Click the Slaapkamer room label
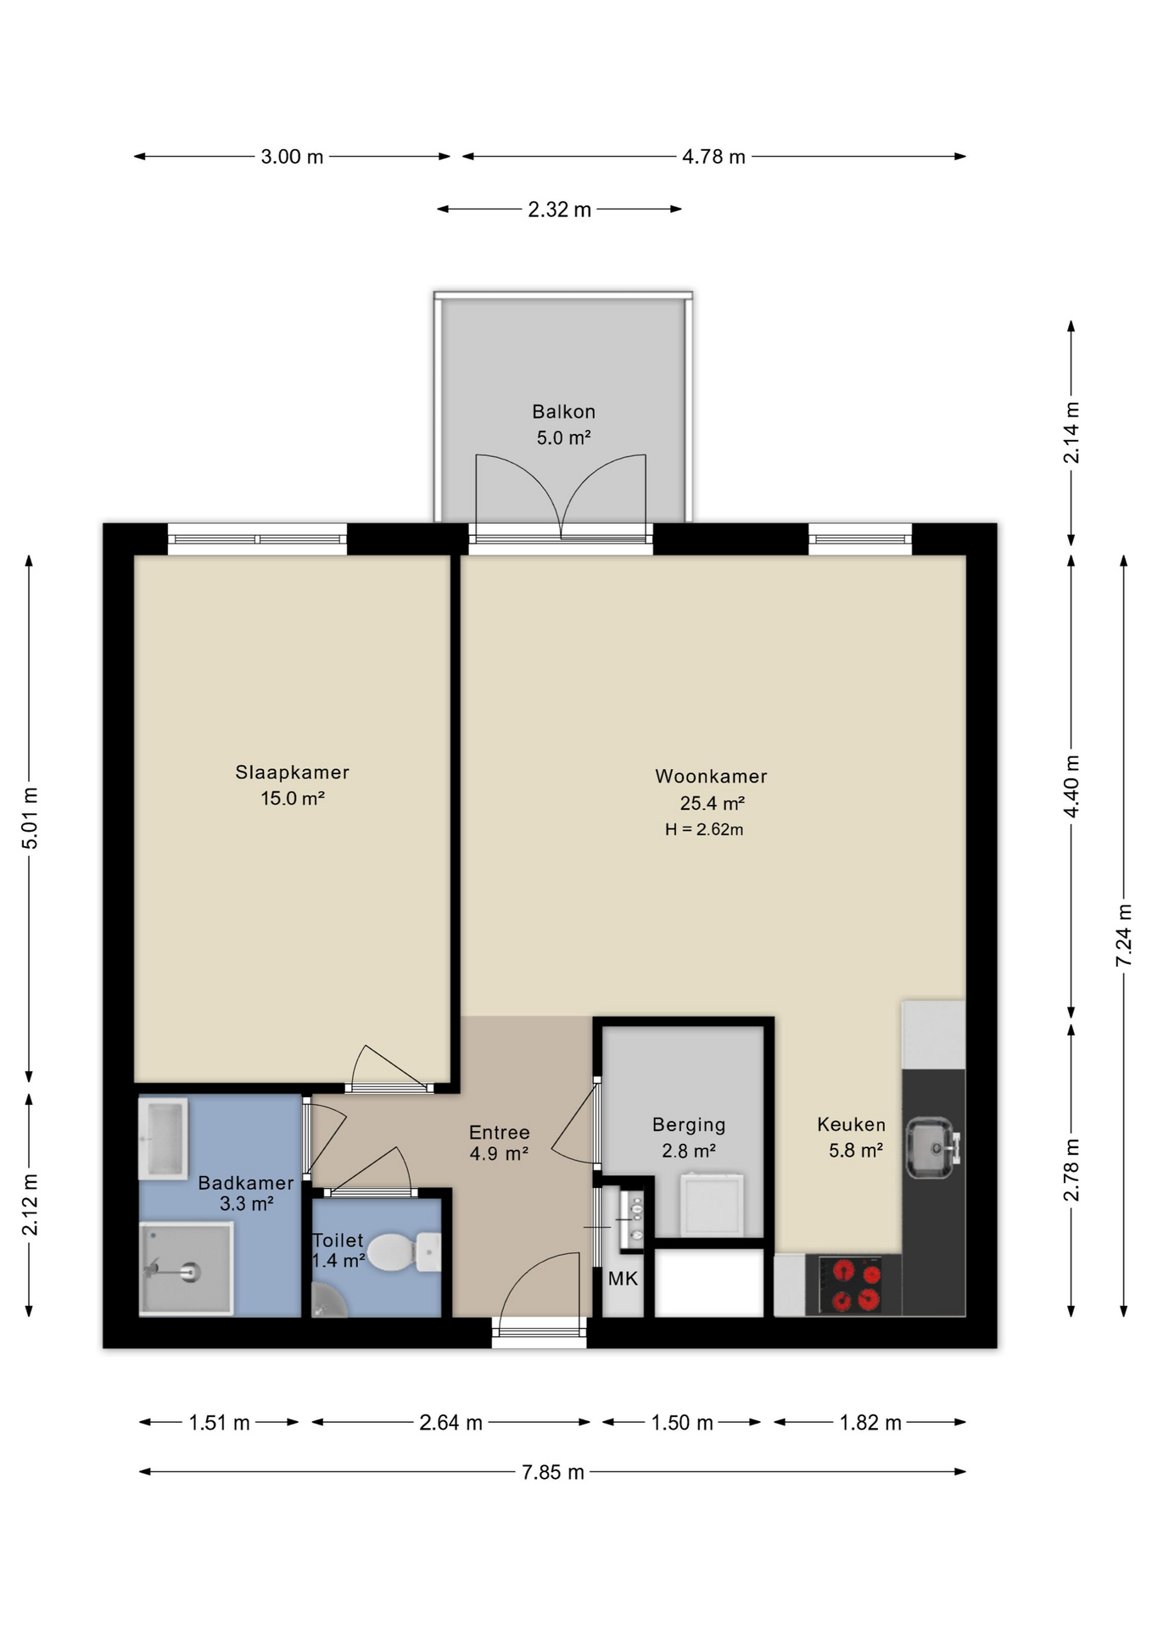292,772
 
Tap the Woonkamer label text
711,776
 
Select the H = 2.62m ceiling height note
704,829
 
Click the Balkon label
563,411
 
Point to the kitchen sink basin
932,1148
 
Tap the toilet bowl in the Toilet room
404,1252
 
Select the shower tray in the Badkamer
186,1268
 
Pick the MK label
623,1279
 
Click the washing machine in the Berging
712,1205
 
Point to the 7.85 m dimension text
553,1472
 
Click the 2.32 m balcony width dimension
559,209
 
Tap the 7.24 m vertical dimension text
1124,935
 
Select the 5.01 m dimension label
30,818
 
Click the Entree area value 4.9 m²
499,1154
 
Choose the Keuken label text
851,1124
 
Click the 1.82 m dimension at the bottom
870,1423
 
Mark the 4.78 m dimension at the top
713,157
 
